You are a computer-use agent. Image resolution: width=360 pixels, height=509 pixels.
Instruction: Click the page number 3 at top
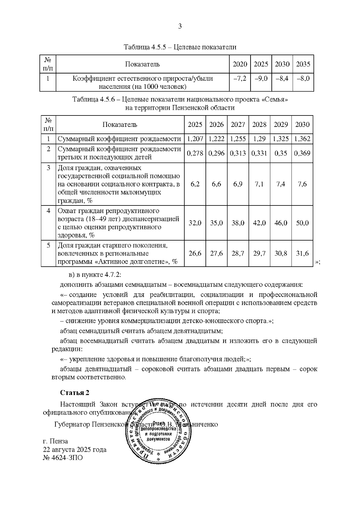[180, 26]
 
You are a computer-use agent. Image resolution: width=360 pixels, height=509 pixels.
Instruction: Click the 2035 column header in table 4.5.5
[303, 64]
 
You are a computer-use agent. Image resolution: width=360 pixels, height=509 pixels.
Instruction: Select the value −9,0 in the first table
[261, 79]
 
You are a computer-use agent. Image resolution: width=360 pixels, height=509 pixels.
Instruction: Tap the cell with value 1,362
[302, 139]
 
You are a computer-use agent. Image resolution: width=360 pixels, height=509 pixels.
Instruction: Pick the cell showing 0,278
[195, 153]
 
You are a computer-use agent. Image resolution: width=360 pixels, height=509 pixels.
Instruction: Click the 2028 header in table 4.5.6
[259, 125]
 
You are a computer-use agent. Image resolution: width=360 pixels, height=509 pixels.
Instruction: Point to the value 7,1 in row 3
[259, 184]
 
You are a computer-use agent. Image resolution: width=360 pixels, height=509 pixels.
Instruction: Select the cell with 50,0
[302, 223]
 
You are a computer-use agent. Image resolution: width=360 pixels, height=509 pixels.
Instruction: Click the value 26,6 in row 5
[195, 253]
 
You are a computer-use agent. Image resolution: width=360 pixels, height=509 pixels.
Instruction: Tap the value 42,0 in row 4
[259, 223]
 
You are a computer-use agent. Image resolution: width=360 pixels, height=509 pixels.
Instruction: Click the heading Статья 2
[75, 393]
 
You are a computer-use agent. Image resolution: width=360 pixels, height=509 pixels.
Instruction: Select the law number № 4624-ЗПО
[63, 458]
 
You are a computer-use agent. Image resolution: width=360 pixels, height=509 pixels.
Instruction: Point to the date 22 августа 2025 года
[75, 450]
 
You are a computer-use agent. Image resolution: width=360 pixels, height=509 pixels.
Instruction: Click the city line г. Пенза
[55, 441]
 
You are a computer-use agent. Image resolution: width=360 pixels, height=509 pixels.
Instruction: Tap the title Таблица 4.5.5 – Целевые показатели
[180, 47]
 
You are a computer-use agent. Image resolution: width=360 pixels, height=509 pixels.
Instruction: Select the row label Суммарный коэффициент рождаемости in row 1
[119, 139]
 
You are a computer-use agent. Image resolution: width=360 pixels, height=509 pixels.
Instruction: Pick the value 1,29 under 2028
[259, 139]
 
